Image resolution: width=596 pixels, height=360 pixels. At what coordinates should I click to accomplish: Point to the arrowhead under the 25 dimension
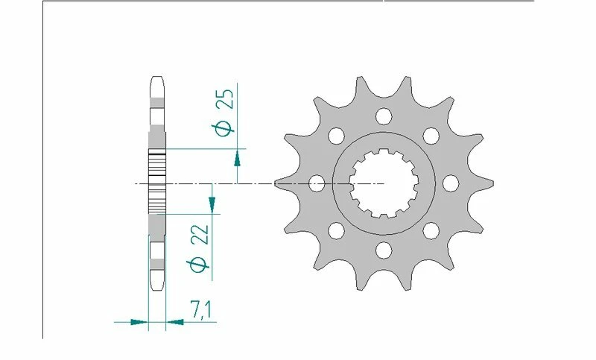237,157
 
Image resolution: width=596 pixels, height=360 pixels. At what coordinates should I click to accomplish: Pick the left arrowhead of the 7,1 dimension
139,323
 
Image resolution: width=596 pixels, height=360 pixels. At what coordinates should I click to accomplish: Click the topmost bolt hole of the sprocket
384,116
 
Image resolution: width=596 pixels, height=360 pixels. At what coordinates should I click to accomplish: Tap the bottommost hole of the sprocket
384,249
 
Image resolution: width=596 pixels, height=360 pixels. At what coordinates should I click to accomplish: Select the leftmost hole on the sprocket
317,183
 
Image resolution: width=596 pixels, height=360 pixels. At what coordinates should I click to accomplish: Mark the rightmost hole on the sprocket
450,183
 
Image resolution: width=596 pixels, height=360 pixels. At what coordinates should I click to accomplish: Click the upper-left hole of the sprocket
336,135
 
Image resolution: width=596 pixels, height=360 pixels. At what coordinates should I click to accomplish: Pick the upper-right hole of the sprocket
431,135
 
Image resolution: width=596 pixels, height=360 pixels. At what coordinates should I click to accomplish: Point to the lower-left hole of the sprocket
336,230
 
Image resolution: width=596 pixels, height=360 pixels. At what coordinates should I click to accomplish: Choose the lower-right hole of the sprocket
431,230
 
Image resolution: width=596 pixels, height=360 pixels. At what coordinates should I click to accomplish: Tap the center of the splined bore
384,183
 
